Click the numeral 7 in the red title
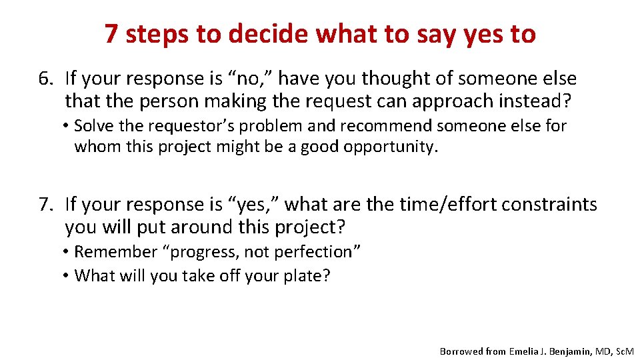point(112,33)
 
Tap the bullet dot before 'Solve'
point(69,127)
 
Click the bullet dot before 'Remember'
point(69,253)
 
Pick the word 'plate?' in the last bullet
point(307,276)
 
